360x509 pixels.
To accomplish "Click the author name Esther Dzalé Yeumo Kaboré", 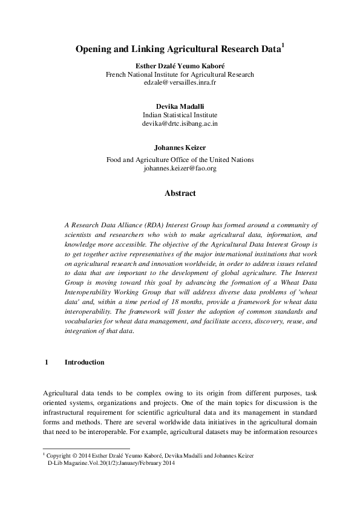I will point(180,65).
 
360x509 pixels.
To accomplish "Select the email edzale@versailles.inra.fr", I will point(180,82).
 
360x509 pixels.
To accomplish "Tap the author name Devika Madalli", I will point(180,106).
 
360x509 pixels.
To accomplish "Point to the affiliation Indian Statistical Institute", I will point(180,114).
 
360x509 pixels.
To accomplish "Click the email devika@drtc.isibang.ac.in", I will point(180,123).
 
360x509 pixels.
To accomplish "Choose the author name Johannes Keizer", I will point(180,146).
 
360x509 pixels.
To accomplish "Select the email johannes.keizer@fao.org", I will point(180,168).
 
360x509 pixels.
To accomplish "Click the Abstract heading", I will point(180,193).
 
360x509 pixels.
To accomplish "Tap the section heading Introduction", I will point(84,362).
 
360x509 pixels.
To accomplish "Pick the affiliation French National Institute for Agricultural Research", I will point(180,74).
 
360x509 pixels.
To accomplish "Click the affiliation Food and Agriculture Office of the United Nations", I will point(180,160).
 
